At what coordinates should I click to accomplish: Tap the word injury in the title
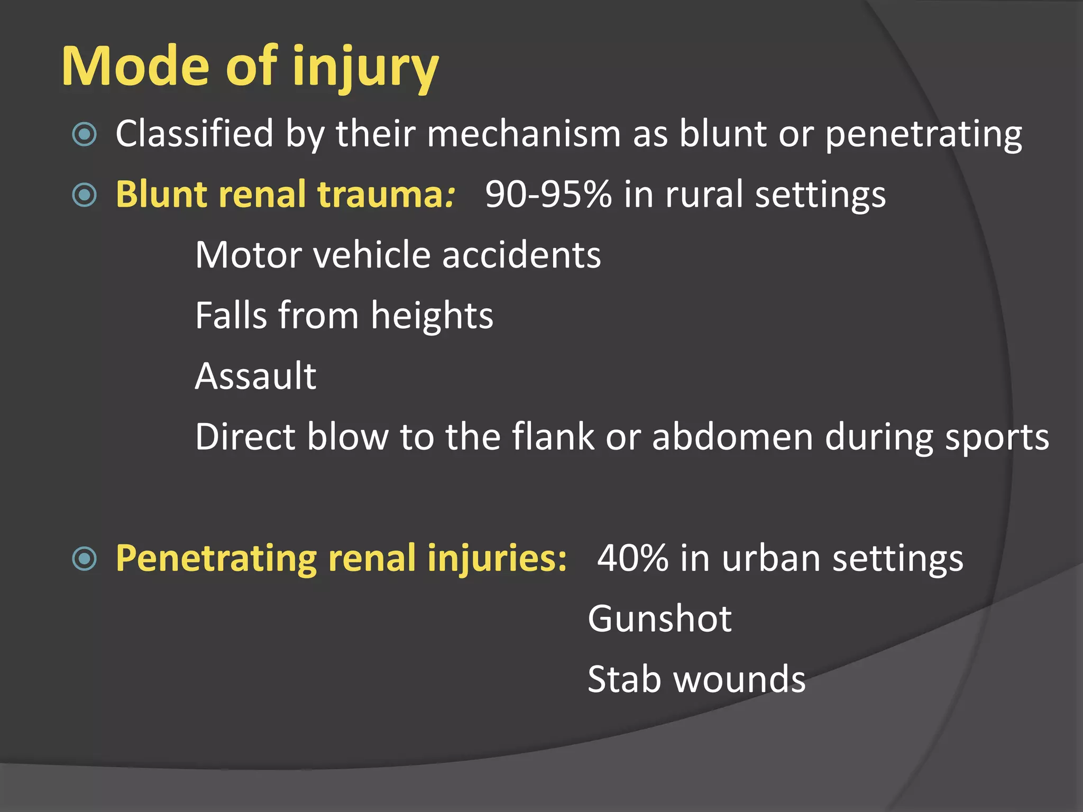(365, 69)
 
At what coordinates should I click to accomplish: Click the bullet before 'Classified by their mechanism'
(84, 134)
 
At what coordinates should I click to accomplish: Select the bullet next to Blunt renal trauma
(84, 195)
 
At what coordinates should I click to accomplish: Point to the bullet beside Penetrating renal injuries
(84, 559)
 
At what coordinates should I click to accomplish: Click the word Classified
(194, 133)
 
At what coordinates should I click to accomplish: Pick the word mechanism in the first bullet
(524, 133)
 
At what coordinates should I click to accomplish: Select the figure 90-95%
(548, 194)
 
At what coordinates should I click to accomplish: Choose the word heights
(432, 316)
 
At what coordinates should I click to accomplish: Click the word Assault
(255, 376)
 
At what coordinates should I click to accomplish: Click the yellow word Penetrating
(216, 559)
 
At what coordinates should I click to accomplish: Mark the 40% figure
(632, 558)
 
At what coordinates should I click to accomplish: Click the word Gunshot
(659, 619)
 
